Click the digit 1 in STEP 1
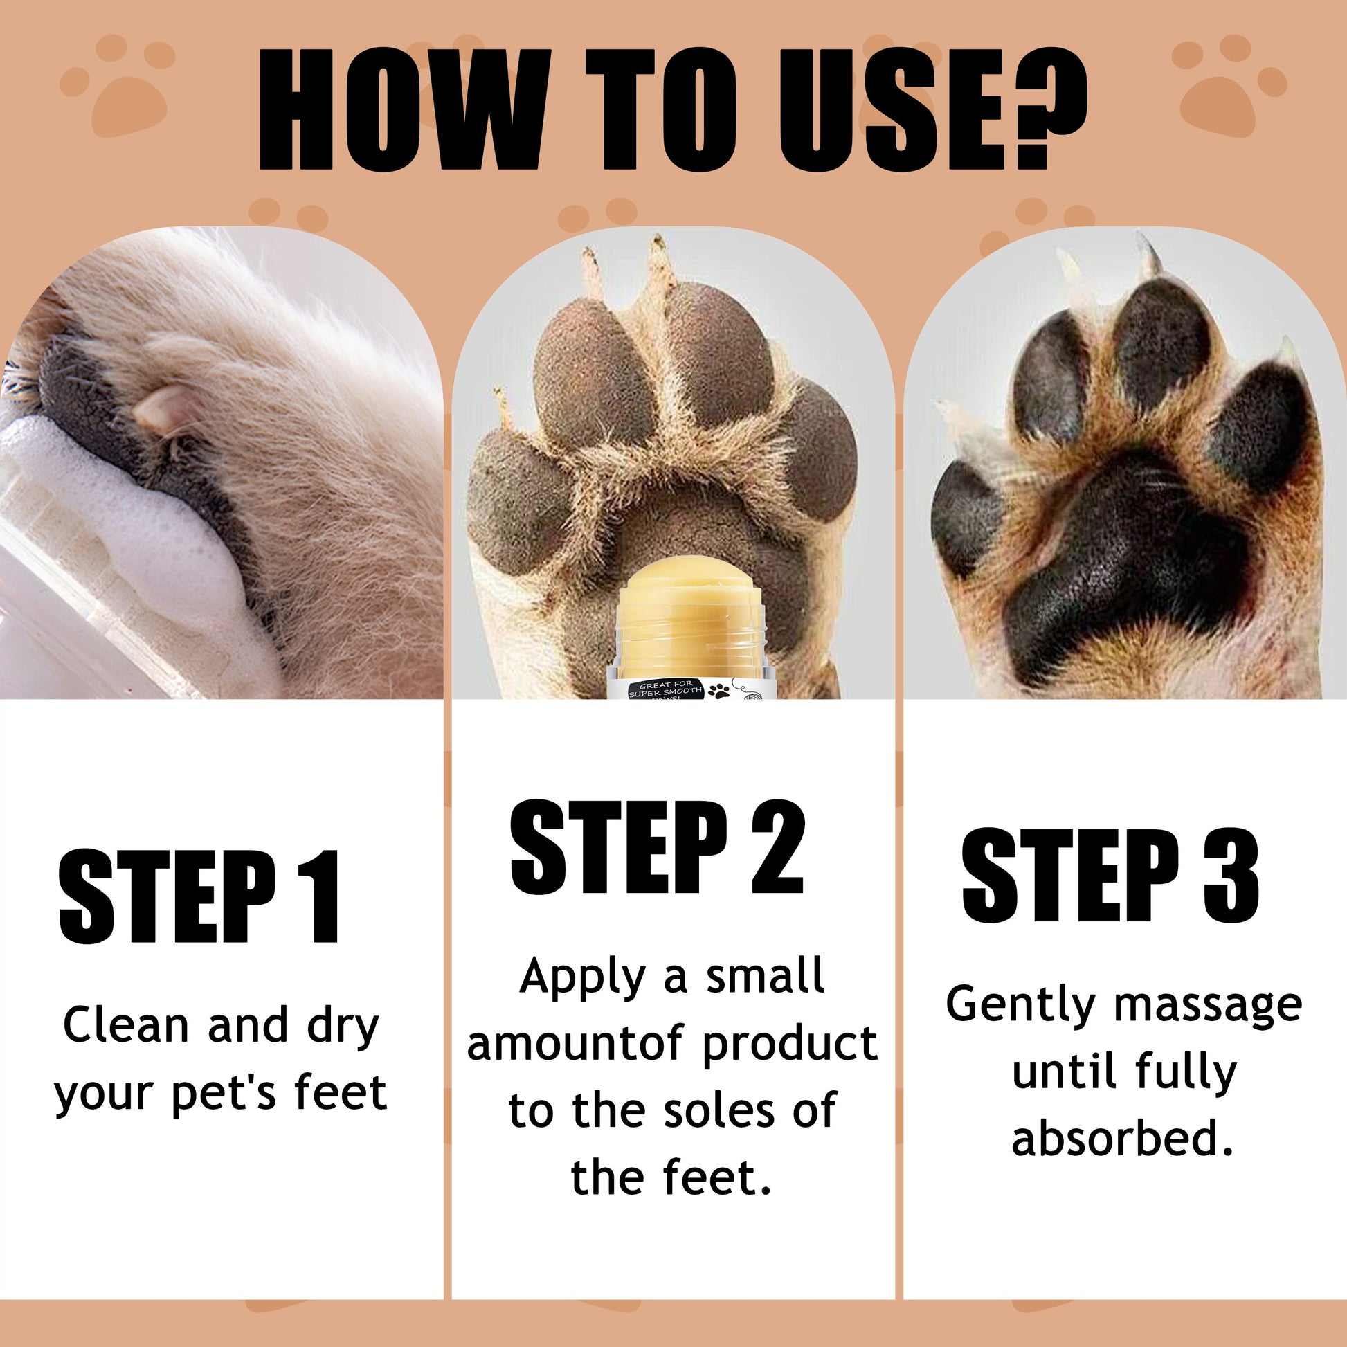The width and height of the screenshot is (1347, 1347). coord(323,896)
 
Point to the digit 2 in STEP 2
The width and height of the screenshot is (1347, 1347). coord(777,847)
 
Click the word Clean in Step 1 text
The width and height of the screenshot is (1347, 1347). coord(126,1026)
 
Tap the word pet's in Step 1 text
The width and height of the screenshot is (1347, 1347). coord(225,1094)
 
